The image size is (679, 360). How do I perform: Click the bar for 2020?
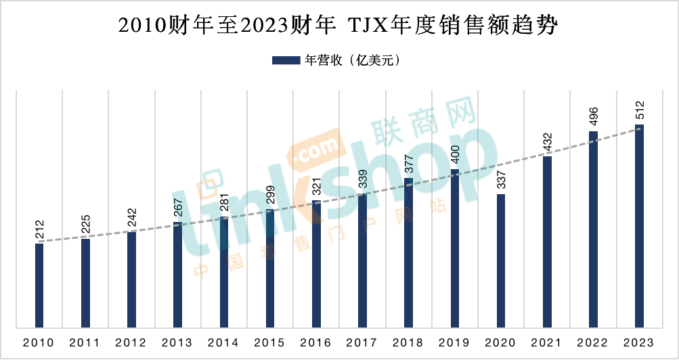pyautogui.click(x=501, y=261)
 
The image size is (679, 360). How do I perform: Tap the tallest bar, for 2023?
pyautogui.click(x=639, y=226)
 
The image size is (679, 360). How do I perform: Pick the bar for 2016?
pyautogui.click(x=316, y=264)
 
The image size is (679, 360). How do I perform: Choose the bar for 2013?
pyautogui.click(x=177, y=275)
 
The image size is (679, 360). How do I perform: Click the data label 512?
pyautogui.click(x=639, y=110)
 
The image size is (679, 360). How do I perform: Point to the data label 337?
pyautogui.click(x=501, y=180)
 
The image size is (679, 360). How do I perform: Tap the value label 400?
pyautogui.click(x=455, y=156)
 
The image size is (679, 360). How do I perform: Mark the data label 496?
pyautogui.click(x=593, y=117)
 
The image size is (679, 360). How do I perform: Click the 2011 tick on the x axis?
pyautogui.click(x=85, y=342)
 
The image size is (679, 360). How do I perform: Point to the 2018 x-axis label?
pyautogui.click(x=408, y=342)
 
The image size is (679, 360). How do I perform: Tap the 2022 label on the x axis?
pyautogui.click(x=593, y=342)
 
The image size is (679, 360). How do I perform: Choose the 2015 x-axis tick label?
pyautogui.click(x=269, y=342)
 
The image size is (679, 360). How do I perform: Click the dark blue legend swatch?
pyautogui.click(x=286, y=60)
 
